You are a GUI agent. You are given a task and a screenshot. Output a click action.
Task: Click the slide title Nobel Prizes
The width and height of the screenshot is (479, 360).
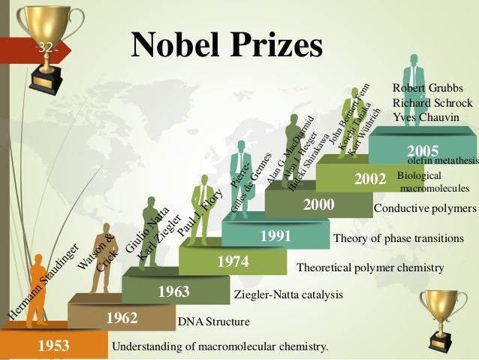227,46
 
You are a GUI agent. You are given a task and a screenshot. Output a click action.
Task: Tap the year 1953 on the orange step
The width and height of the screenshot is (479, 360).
53,346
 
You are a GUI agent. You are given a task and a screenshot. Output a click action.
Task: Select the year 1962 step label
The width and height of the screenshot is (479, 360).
121,319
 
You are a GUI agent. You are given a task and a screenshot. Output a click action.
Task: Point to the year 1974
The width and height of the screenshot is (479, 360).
233,262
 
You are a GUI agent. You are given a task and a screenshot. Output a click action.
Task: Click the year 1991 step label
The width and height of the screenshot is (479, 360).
276,237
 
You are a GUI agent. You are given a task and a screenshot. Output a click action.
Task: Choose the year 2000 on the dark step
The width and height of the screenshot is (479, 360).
318,204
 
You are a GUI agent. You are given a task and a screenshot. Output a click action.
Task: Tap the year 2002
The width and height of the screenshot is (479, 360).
369,180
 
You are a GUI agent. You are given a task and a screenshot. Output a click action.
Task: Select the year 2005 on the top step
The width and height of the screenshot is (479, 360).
422,150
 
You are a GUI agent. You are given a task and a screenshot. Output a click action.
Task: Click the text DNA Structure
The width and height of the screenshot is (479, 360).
213,322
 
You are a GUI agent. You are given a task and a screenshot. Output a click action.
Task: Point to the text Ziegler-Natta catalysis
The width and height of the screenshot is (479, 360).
278,294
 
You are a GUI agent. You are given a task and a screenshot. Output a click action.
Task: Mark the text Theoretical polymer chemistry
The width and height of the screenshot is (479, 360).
371,267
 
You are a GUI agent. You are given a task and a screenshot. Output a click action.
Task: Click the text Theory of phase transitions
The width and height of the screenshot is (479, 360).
398,239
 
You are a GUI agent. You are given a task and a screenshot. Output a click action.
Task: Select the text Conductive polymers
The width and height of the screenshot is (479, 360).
425,208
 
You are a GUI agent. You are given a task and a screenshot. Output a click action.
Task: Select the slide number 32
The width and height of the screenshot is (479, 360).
46,48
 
